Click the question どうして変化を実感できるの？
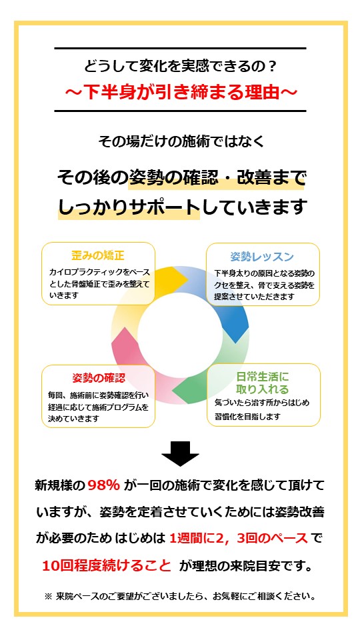pyautogui.click(x=180, y=65)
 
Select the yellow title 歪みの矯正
pyautogui.click(x=98, y=256)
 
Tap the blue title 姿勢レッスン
pyautogui.click(x=262, y=257)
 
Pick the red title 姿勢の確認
pyautogui.click(x=99, y=378)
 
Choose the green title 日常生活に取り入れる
pyautogui.click(x=263, y=382)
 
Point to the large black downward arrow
pyautogui.click(x=180, y=453)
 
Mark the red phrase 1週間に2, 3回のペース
pyautogui.click(x=239, y=539)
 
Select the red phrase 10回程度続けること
pyautogui.click(x=107, y=566)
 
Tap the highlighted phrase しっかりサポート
pyautogui.click(x=129, y=207)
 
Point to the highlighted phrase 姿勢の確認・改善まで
pyautogui.click(x=217, y=179)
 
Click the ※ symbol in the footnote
pyautogui.click(x=48, y=596)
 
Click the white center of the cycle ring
pyautogui.click(x=180, y=335)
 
